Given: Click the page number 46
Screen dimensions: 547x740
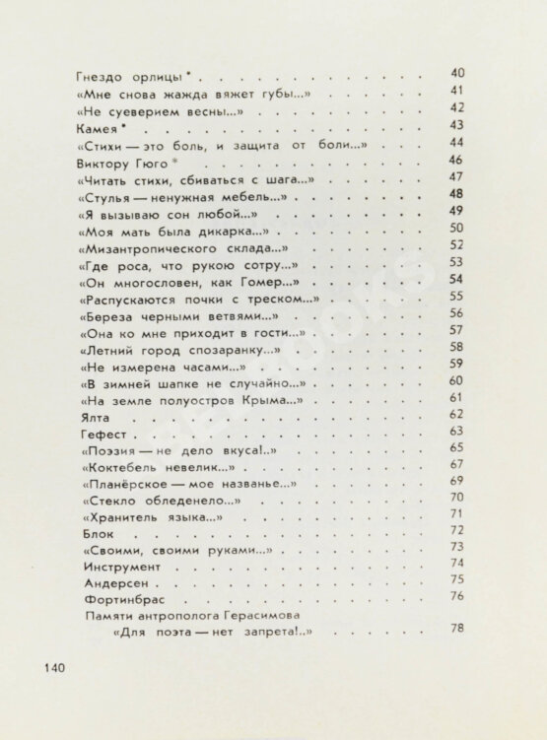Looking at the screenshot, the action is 455,160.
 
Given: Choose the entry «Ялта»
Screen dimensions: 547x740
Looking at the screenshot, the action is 91,417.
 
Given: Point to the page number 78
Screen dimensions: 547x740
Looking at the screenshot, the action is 455,630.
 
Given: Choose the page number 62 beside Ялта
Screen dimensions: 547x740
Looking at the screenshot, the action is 455,415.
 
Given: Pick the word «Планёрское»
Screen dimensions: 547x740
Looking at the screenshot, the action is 124,485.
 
